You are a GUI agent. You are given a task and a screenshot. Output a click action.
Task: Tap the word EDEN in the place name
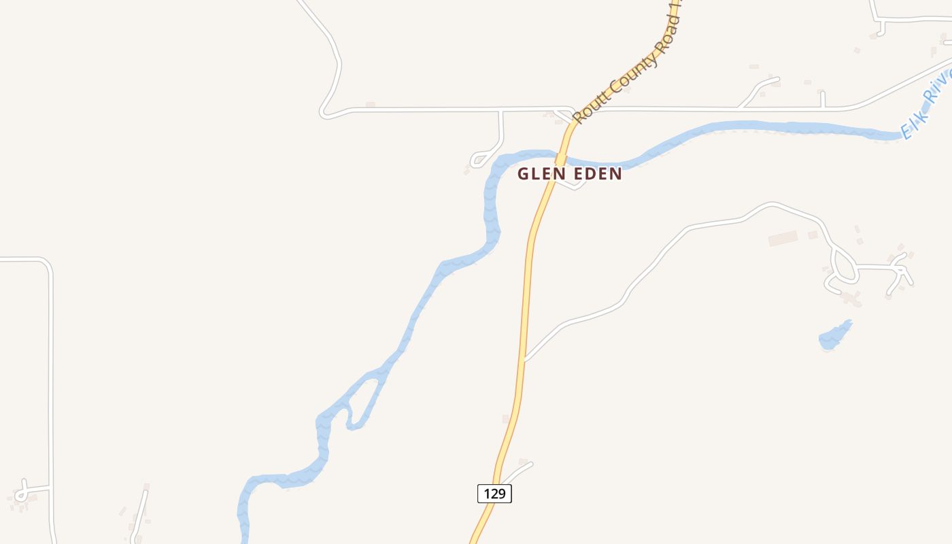click(x=596, y=174)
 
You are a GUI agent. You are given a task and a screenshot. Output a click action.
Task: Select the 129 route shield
click(x=494, y=494)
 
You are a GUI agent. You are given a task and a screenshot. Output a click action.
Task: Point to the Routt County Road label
click(x=626, y=68)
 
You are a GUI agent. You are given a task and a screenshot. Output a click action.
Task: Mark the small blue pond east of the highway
click(x=835, y=336)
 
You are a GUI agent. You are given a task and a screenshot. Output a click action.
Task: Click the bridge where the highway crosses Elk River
click(x=561, y=158)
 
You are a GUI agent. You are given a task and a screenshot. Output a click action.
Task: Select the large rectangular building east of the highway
click(x=783, y=239)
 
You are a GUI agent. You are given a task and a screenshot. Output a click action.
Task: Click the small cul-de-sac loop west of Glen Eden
click(x=479, y=160)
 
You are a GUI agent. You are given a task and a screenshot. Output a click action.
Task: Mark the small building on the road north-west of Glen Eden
click(x=371, y=105)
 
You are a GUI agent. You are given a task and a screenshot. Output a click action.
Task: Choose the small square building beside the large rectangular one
click(x=813, y=235)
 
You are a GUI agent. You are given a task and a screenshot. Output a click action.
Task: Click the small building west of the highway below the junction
click(x=506, y=419)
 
